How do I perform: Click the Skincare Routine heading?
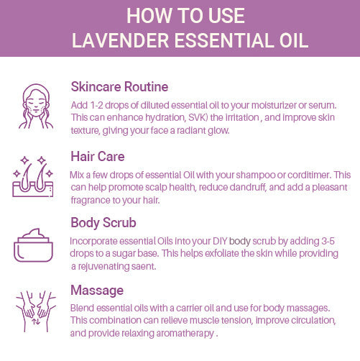coord(119,86)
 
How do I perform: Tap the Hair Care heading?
coord(98,157)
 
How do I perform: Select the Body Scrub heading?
coord(103,223)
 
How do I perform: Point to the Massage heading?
coord(97,291)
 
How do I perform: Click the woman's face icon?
coord(36,106)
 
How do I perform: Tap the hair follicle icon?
coord(33,176)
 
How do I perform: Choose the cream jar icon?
coord(33,245)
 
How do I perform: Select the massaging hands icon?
coord(36,311)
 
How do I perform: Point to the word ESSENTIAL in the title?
coord(224,40)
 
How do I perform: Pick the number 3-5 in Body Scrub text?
coord(328,241)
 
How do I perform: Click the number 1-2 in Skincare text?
coord(96,105)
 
